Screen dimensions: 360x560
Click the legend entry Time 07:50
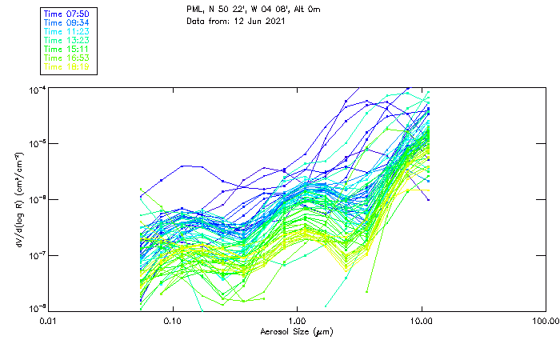click(66, 13)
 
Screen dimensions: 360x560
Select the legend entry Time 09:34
click(66, 22)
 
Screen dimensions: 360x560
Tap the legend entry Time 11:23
click(66, 31)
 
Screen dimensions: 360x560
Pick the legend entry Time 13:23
click(66, 40)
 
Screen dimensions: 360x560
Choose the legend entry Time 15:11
click(66, 49)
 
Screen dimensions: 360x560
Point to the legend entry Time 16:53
click(66, 58)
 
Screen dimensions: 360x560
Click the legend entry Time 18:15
click(66, 67)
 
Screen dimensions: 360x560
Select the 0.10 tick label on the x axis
click(172, 321)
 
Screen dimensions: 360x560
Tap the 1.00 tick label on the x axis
click(297, 321)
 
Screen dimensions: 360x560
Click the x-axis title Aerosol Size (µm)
click(297, 331)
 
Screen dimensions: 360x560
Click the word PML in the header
click(194, 9)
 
